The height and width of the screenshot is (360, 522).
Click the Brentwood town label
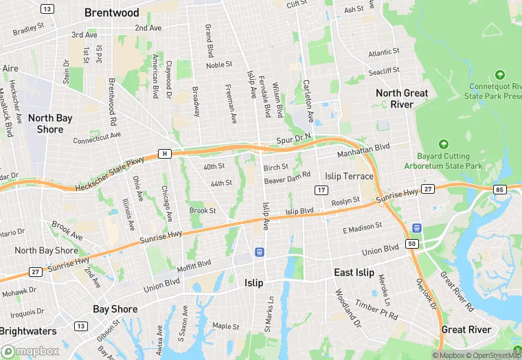pos(111,12)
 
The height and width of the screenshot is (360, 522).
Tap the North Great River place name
pos(402,98)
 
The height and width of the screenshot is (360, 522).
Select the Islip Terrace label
pos(349,176)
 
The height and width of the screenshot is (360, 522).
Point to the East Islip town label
pos(354,273)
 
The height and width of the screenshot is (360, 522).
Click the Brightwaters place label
pos(28,331)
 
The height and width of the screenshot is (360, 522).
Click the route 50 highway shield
pos(412,243)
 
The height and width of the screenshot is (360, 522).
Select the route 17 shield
pos(321,190)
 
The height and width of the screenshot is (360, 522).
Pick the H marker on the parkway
pos(164,153)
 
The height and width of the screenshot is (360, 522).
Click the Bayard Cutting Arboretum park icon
pos(444,144)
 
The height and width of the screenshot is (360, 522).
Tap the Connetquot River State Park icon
pos(499,74)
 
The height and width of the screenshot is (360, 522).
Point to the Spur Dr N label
pos(303,137)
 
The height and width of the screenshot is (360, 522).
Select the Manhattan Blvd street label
pos(363,147)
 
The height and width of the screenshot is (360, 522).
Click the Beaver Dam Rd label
pos(288,179)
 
